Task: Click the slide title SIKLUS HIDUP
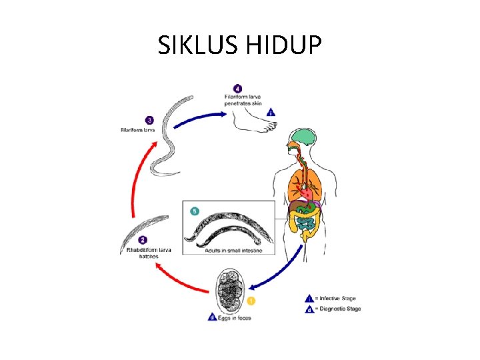point(239,45)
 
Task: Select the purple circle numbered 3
point(149,120)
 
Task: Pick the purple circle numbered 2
point(143,240)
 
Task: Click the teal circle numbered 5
point(195,211)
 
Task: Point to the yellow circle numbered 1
point(251,301)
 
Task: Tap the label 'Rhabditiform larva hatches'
point(149,253)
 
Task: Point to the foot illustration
point(254,120)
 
